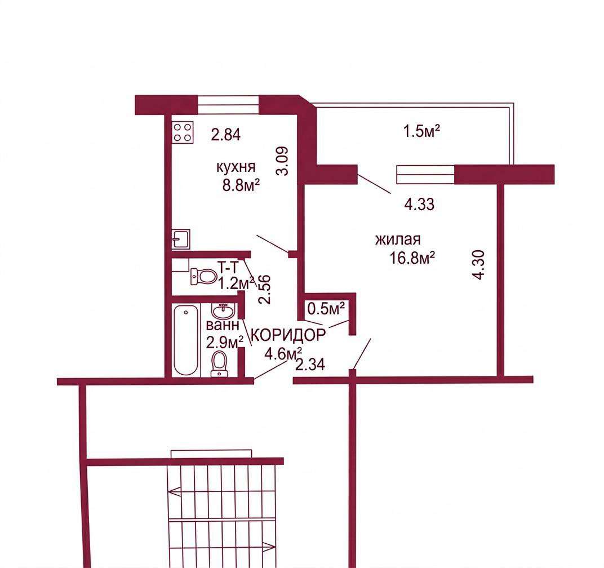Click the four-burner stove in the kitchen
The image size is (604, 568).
183,132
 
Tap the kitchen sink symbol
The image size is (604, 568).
181,238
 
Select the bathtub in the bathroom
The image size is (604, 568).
186,340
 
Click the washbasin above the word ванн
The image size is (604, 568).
223,310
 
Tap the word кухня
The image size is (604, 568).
236,167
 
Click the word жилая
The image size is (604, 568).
398,239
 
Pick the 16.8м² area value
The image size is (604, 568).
412,258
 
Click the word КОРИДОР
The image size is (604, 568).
288,335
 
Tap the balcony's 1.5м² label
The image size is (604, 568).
422,132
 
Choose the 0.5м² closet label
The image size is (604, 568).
326,309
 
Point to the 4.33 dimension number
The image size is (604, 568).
419,204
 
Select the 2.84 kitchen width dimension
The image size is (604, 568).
226,135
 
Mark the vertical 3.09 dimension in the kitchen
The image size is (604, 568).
283,161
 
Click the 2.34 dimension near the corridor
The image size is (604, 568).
310,365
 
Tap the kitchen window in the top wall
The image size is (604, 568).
228,105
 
